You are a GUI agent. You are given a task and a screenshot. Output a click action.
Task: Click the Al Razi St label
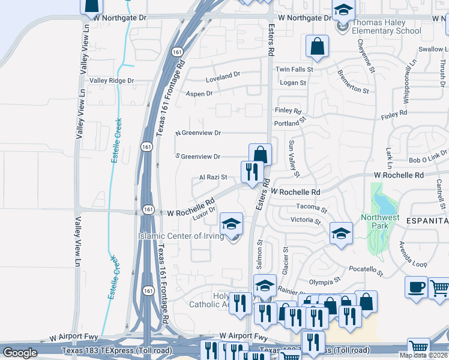tap(213, 177)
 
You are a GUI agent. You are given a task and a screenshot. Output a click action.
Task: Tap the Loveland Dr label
tap(223, 78)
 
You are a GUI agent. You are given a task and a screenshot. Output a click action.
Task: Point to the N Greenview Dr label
tap(198, 133)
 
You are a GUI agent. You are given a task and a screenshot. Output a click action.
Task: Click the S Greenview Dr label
tap(197, 156)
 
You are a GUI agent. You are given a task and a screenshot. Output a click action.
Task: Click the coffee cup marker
tap(416, 287)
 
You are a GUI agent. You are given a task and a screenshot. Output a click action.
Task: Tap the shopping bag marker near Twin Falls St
tap(317, 46)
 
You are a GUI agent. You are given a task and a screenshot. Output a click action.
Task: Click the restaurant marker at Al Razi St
tap(252, 172)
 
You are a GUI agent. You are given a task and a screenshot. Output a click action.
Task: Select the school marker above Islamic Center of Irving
tap(231, 224)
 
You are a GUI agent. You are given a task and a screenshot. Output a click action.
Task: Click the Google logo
tap(20, 353)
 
